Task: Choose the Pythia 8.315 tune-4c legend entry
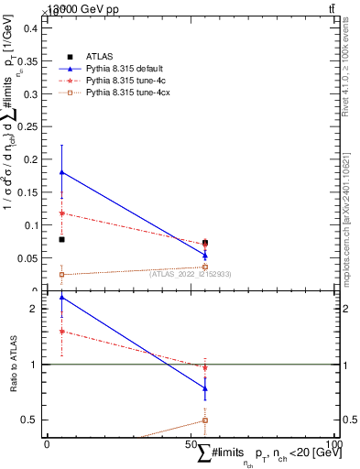click(x=122, y=80)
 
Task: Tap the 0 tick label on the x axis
click(x=47, y=444)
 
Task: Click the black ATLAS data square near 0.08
click(x=61, y=239)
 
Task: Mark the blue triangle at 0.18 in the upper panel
click(x=61, y=172)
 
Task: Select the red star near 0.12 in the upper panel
click(x=61, y=213)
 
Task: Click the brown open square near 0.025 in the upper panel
click(x=61, y=274)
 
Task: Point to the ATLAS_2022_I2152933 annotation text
click(x=191, y=274)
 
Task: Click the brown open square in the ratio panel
click(x=205, y=420)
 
